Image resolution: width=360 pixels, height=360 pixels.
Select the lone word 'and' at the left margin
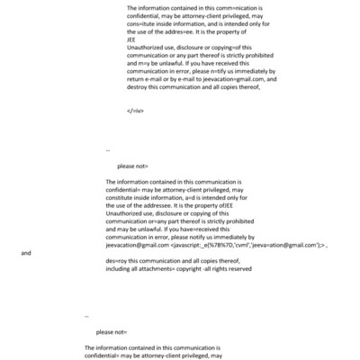point(26,253)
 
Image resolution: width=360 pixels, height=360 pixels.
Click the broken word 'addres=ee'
point(191,38)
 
